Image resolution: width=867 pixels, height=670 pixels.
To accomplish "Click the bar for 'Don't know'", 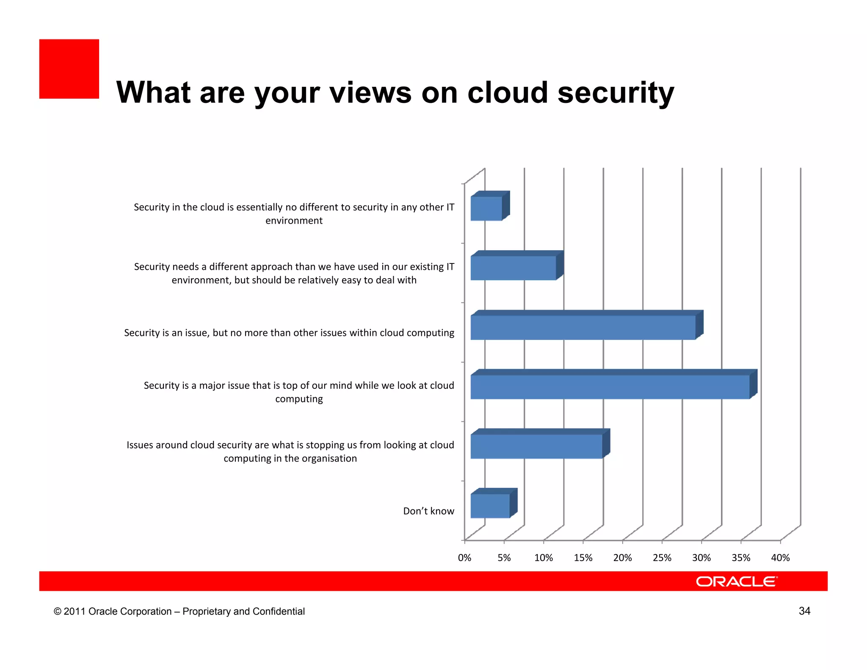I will click(x=490, y=506).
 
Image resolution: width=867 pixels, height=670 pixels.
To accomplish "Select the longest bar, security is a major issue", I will click(x=610, y=387).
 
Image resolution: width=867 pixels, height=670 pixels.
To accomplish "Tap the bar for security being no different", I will click(x=486, y=208).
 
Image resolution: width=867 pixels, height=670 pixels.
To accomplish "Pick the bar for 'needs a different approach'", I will click(x=513, y=268).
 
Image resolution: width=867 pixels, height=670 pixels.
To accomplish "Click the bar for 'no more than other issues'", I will click(x=583, y=327).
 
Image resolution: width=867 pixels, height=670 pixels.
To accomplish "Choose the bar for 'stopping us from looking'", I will click(x=536, y=446).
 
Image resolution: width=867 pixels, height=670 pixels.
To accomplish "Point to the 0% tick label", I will click(x=464, y=558).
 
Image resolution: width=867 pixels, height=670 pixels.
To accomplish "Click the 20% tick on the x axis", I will click(x=622, y=558).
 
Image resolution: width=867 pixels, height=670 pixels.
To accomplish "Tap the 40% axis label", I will click(x=780, y=558).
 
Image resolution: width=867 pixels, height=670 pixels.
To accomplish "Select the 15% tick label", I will click(x=583, y=558).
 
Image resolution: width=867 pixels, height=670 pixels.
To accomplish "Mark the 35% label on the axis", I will click(x=741, y=558).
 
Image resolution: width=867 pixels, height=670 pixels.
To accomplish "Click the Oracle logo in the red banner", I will click(x=737, y=581).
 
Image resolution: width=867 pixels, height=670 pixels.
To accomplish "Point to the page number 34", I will click(x=804, y=611).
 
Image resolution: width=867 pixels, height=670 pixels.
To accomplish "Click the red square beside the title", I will click(x=69, y=69).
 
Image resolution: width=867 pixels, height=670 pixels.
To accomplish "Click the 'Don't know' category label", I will click(x=428, y=511).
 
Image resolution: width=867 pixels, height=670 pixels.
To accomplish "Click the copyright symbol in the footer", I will click(x=57, y=612).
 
